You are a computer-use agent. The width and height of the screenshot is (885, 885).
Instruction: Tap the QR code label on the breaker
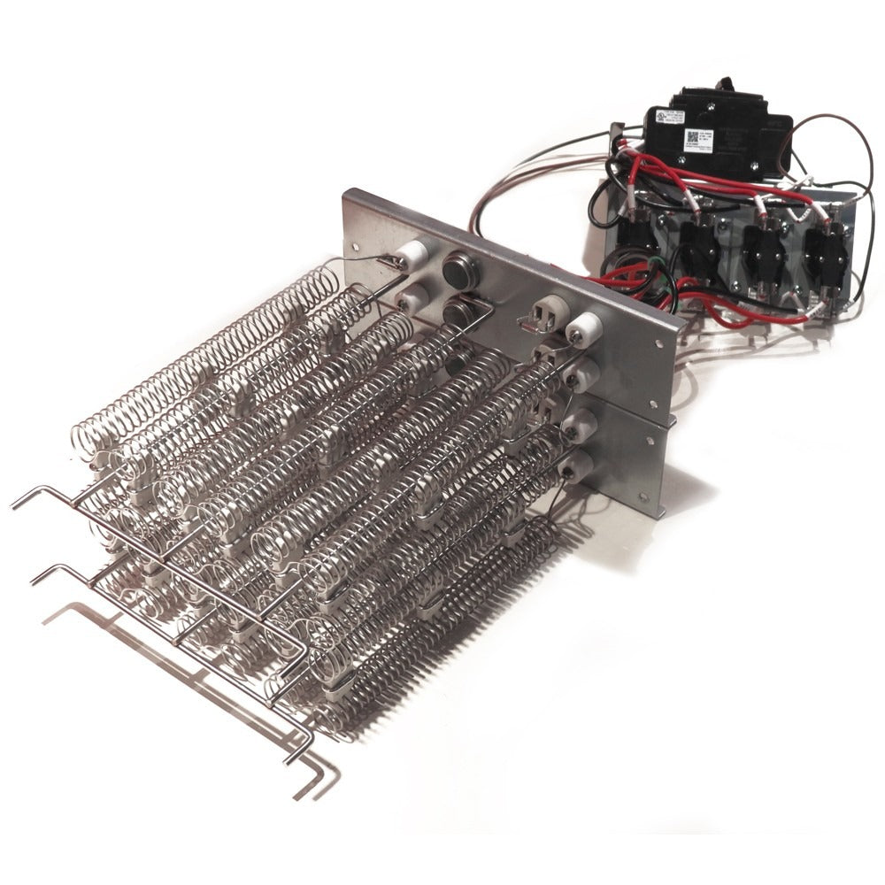pos(691,139)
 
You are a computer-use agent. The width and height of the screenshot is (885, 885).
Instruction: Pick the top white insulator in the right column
pos(585,331)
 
